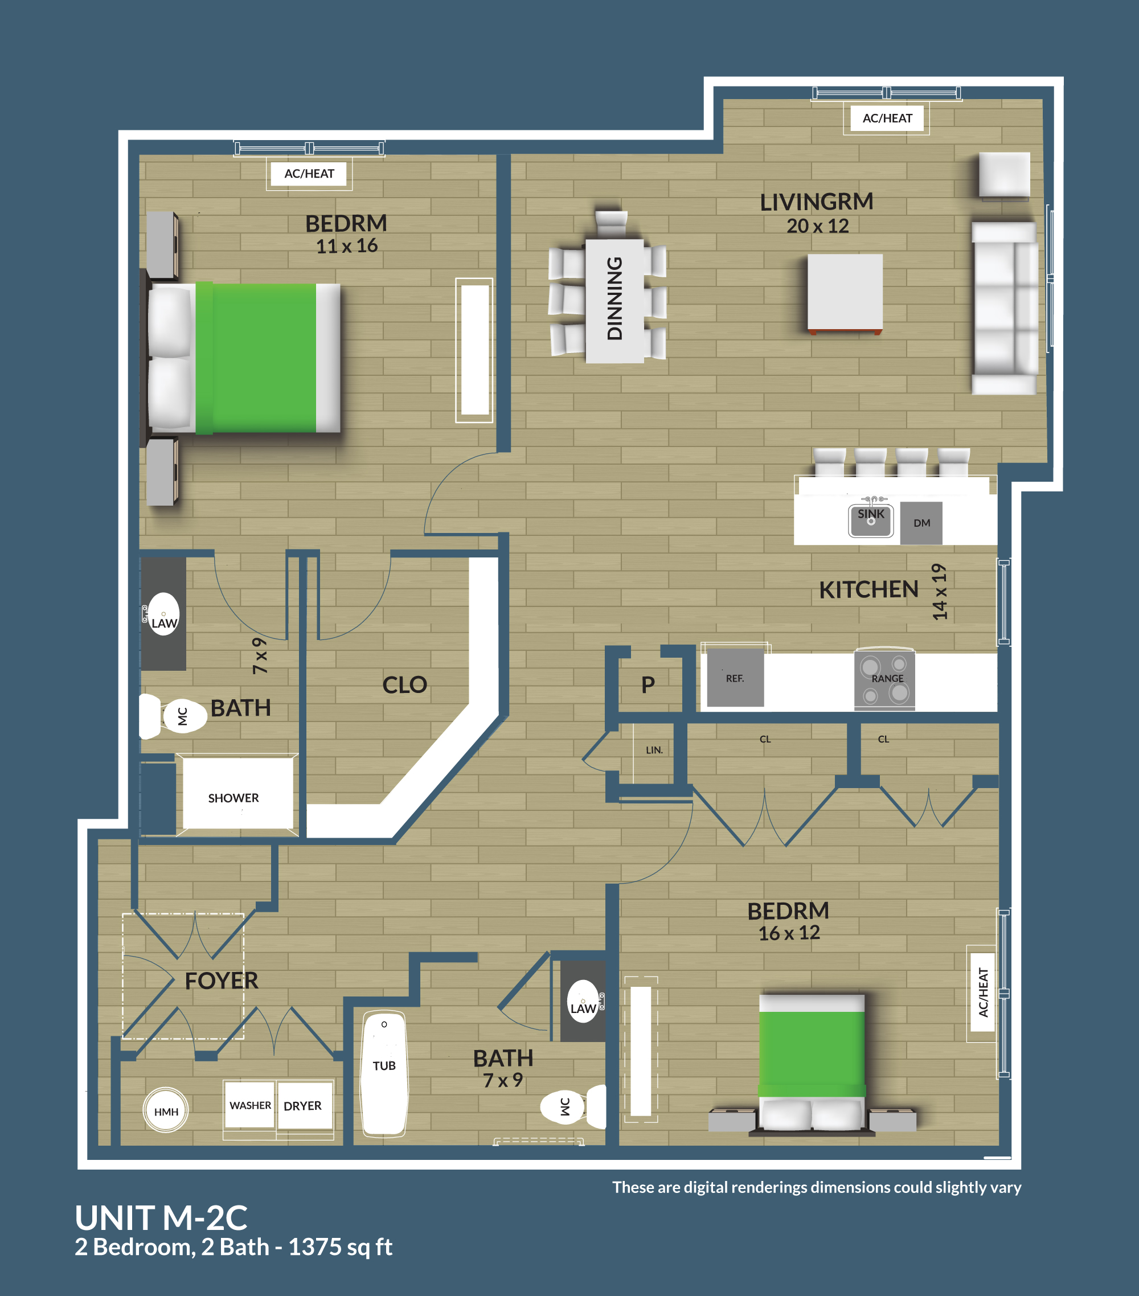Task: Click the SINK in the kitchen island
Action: coord(871,519)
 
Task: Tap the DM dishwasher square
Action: coord(921,523)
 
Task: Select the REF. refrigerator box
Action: coord(735,678)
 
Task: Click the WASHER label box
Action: coord(250,1105)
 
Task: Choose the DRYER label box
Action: coord(303,1106)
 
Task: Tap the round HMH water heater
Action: coord(166,1111)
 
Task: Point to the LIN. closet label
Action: coord(654,750)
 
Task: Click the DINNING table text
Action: coord(614,298)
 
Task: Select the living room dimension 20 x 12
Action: coord(817,225)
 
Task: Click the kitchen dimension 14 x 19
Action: coord(939,592)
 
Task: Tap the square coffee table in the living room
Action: coord(845,292)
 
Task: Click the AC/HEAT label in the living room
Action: coord(887,118)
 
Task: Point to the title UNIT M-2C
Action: coord(161,1217)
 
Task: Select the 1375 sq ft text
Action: coord(341,1247)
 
